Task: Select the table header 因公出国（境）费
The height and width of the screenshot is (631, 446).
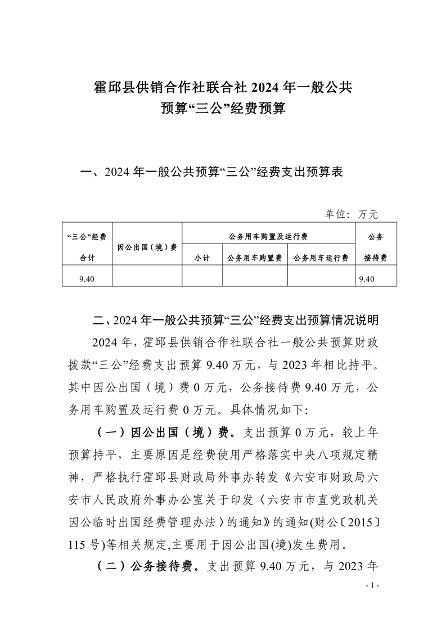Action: click(x=147, y=247)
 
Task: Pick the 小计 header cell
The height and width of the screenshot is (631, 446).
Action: click(x=202, y=258)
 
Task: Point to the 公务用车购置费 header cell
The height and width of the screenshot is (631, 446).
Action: click(x=255, y=258)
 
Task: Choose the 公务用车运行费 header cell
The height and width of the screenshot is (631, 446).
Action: click(x=321, y=258)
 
